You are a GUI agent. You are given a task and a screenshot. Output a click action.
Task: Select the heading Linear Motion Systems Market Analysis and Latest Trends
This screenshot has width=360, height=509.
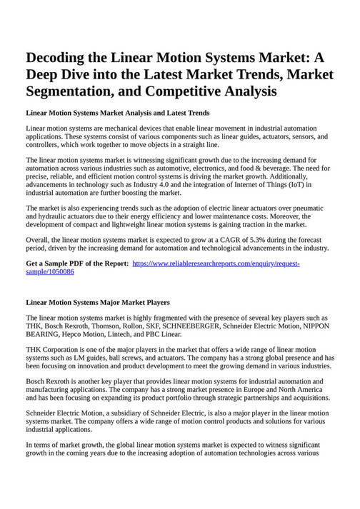[117, 113]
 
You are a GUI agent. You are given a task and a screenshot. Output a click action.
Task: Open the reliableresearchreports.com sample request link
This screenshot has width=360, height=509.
[216, 264]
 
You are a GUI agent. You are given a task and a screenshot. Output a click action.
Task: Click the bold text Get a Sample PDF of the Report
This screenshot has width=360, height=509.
[77, 264]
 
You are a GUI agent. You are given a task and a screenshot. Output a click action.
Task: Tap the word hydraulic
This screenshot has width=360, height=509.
[54, 216]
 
